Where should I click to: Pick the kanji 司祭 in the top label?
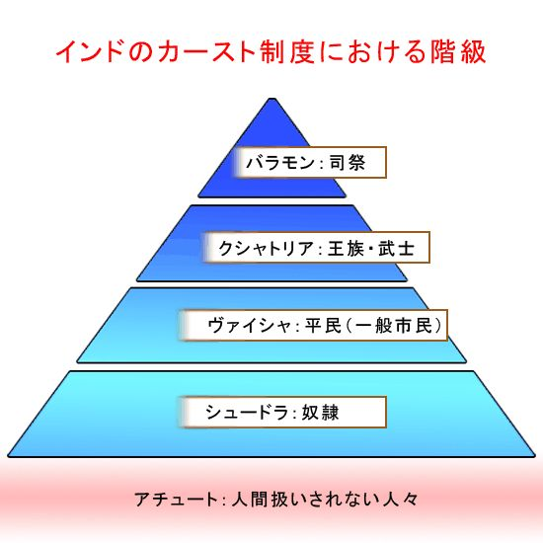tap(348, 163)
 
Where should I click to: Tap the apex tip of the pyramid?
tap(272, 99)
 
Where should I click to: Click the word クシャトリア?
tap(266, 248)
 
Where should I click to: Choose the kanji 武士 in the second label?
tap(396, 248)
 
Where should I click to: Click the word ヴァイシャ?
tap(250, 326)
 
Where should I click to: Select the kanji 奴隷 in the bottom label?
tap(320, 412)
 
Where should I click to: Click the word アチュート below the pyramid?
tap(175, 500)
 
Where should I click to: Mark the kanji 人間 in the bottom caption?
tap(249, 500)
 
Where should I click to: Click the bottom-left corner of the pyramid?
tap(8, 456)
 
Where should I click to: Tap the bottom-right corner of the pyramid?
tap(535, 456)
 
